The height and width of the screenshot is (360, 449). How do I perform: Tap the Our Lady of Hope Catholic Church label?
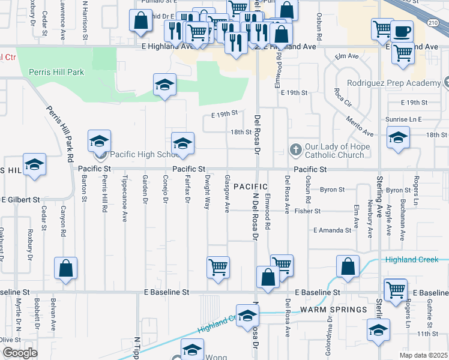coord(334,151)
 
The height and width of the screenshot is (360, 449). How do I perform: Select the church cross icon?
coord(295,148)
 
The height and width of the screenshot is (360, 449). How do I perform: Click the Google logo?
coord(20,353)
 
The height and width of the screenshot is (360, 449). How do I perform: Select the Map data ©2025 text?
coord(424,355)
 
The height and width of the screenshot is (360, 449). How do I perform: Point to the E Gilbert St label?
coord(20,199)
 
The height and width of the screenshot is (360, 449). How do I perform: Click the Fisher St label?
coord(308,211)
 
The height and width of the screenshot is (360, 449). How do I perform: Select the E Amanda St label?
coord(332,230)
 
